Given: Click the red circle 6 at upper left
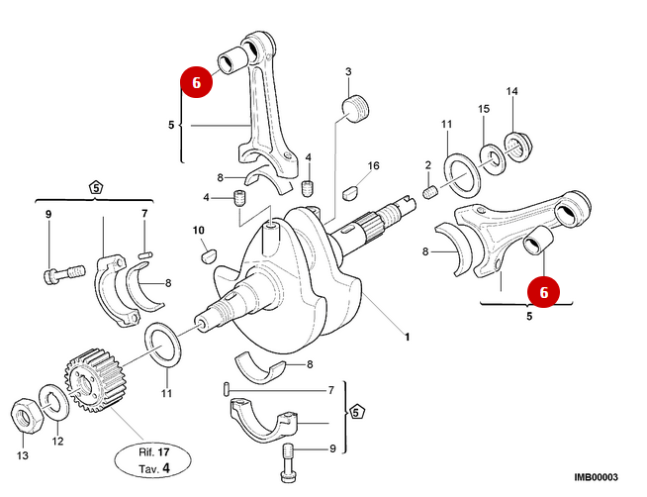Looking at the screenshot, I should [x=196, y=84].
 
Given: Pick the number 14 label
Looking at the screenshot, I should [x=511, y=92].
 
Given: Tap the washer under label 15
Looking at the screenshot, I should [x=490, y=155].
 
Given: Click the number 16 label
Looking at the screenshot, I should [x=373, y=165].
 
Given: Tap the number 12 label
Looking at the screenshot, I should [x=57, y=441].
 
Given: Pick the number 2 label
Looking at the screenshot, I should [x=427, y=164].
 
